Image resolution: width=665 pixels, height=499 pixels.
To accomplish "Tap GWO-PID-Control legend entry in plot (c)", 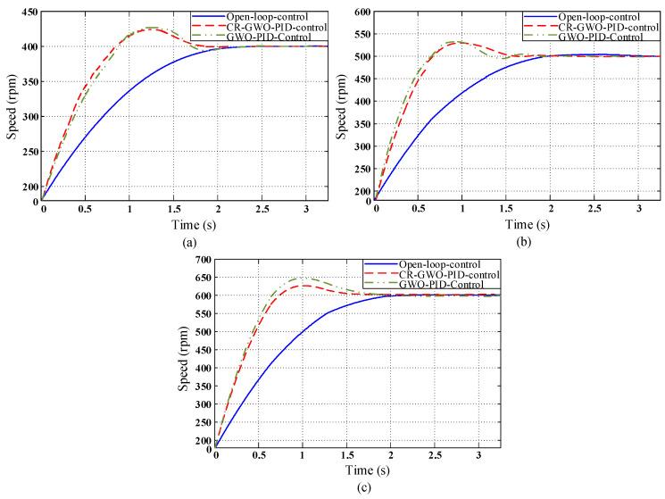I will click(x=430, y=285).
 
